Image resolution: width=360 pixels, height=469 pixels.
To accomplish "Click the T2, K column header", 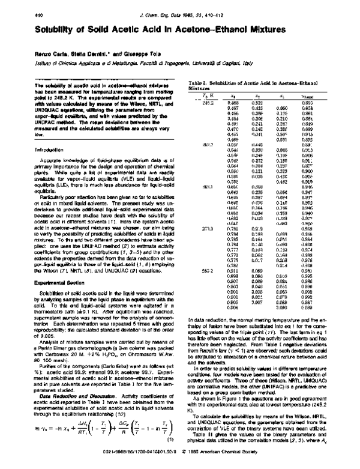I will (206, 96).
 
